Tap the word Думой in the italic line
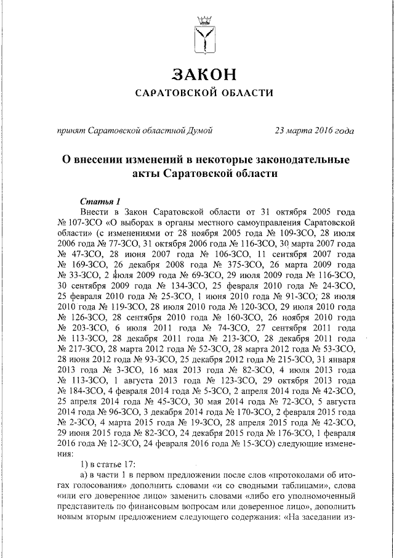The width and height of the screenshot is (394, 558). coord(200,130)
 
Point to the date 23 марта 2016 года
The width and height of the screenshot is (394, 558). coord(314,130)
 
